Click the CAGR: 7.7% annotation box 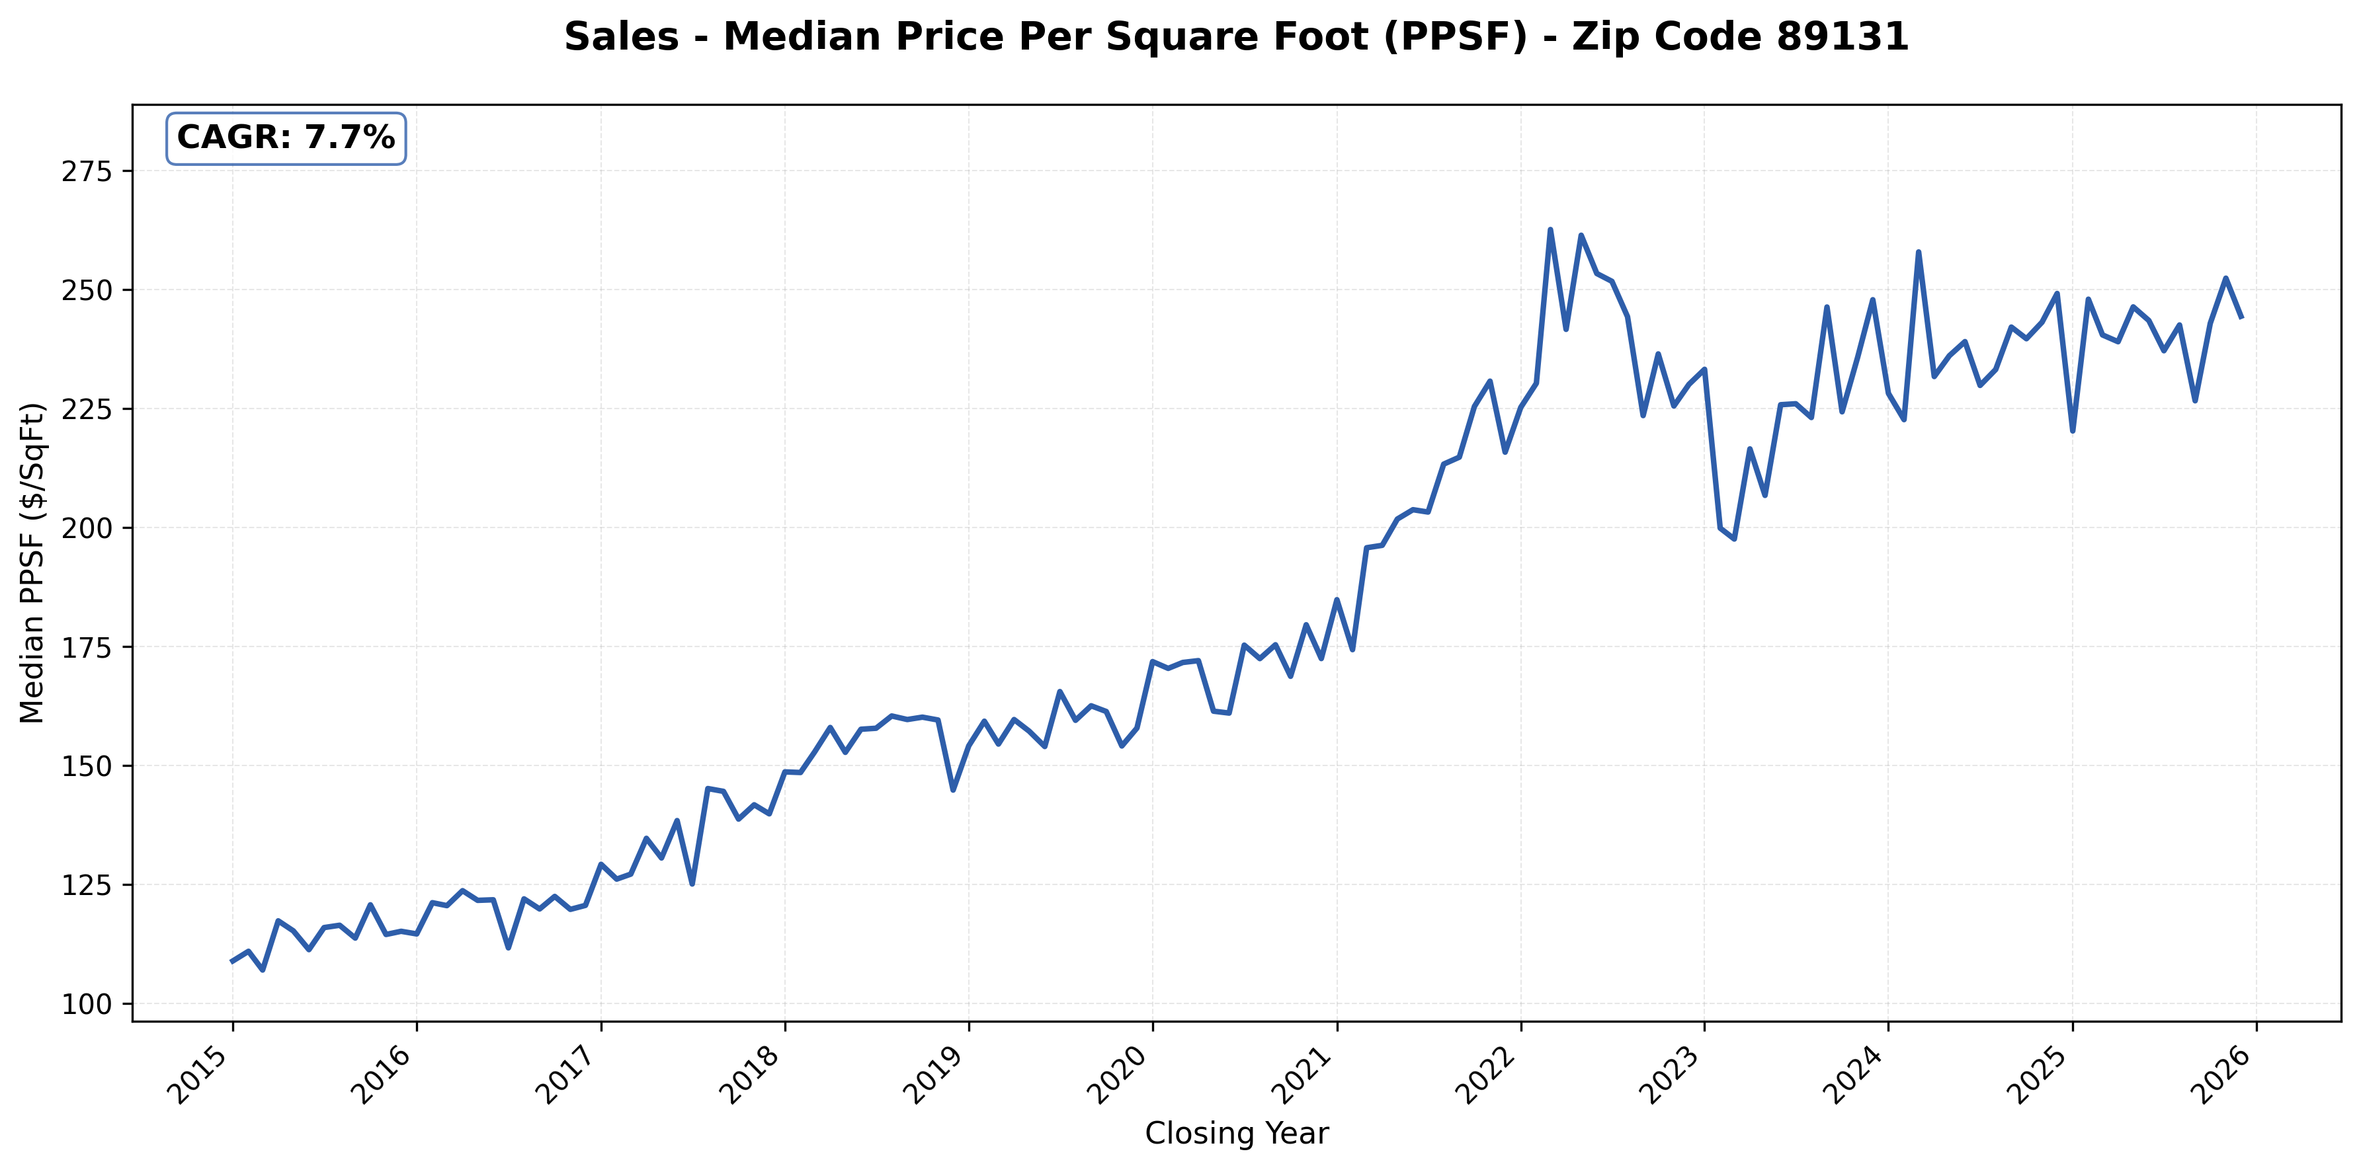click(x=285, y=138)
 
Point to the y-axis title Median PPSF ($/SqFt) click(x=33, y=563)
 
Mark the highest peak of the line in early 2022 click(x=1550, y=230)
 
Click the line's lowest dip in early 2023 click(x=1734, y=539)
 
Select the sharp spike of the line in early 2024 click(x=1919, y=252)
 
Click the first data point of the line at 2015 click(x=232, y=961)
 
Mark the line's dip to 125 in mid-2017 click(x=692, y=883)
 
